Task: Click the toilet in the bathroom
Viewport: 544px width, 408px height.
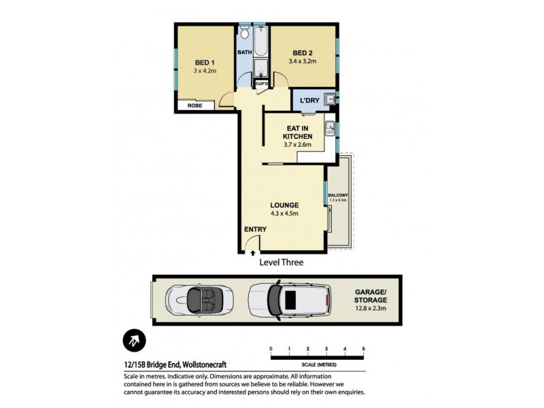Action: tap(245, 34)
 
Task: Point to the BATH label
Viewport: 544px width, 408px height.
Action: tap(245, 52)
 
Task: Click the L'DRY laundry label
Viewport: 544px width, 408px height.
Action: tap(310, 101)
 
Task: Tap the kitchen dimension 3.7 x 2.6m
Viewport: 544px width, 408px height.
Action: tap(296, 144)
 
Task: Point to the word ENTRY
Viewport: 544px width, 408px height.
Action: tap(256, 229)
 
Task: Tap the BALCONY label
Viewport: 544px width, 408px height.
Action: tap(338, 195)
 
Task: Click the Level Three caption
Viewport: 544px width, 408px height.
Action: tap(281, 262)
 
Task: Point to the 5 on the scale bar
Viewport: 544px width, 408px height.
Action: tap(364, 349)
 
